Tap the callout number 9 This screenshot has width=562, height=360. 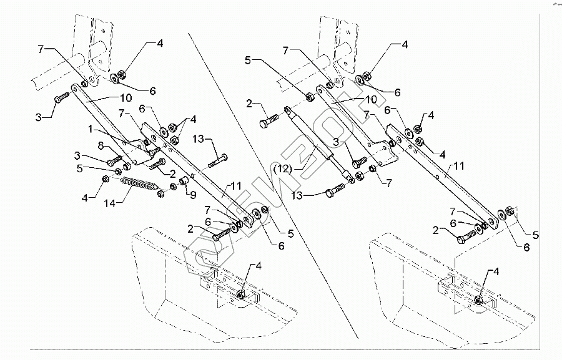point(193,194)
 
